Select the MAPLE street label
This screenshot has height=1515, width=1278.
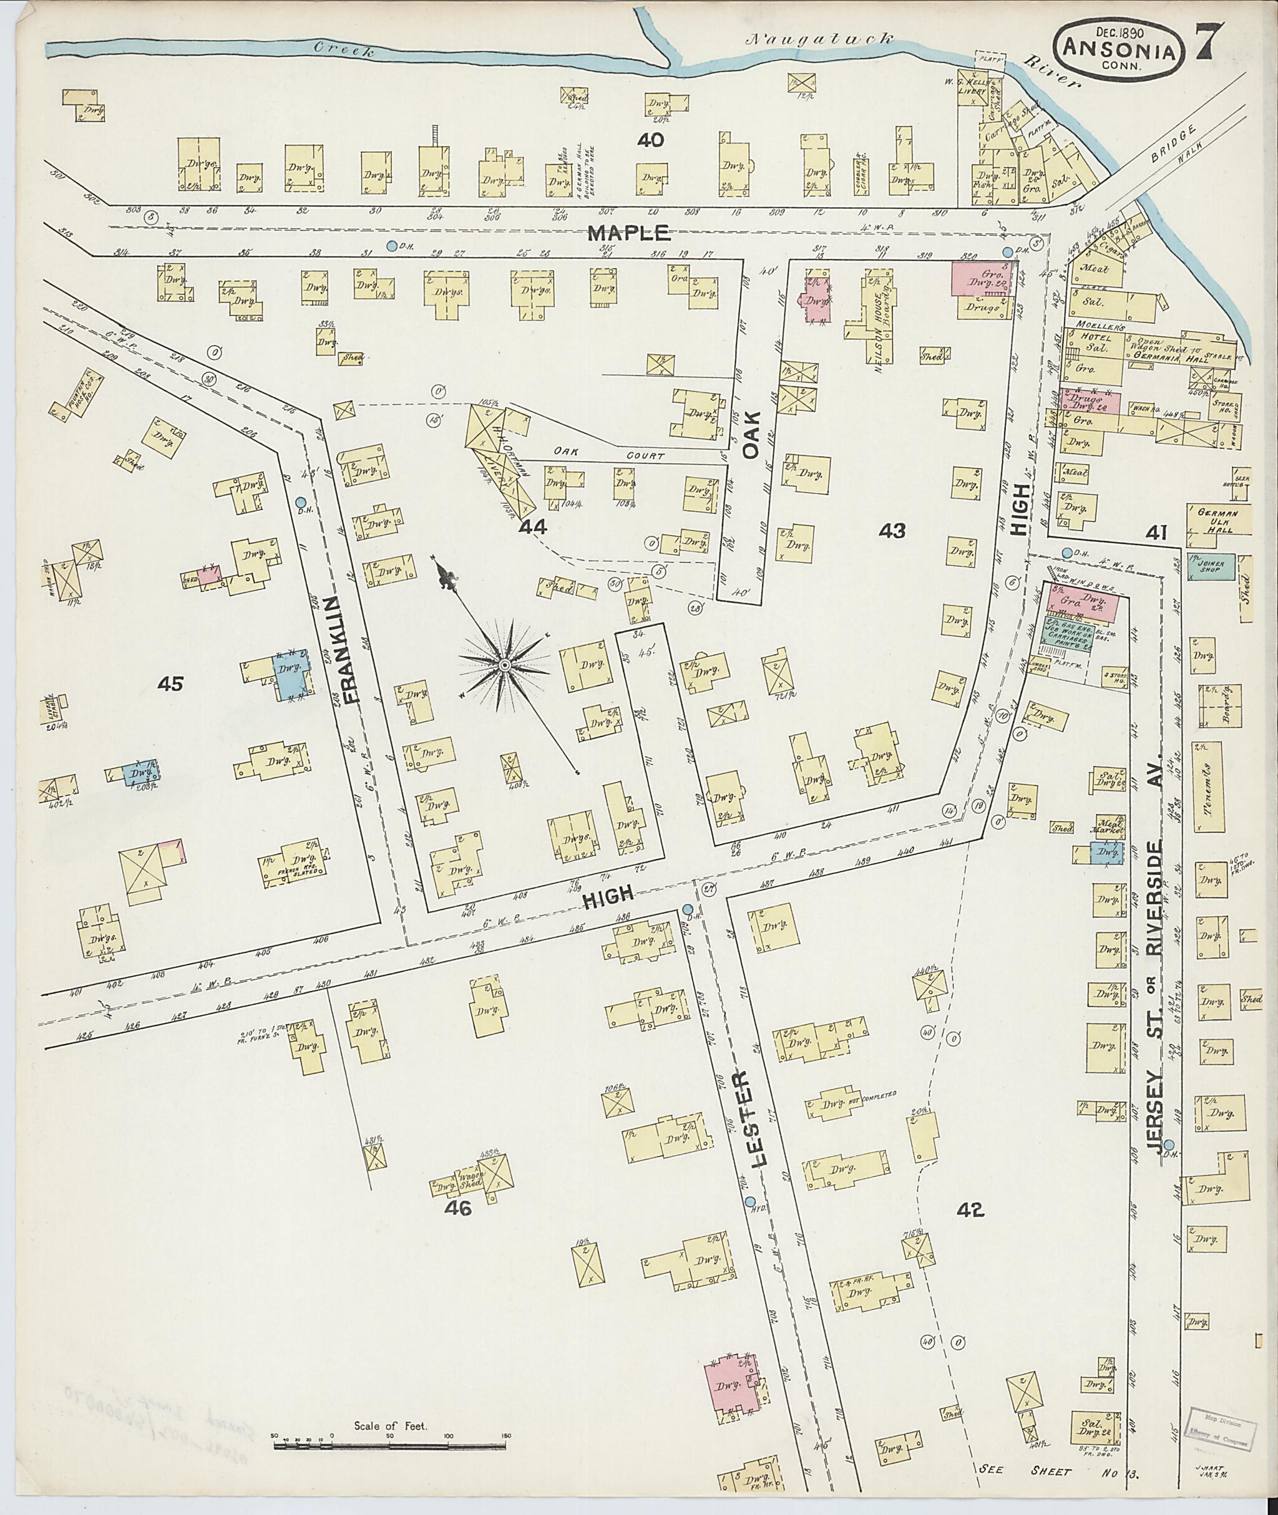point(627,233)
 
